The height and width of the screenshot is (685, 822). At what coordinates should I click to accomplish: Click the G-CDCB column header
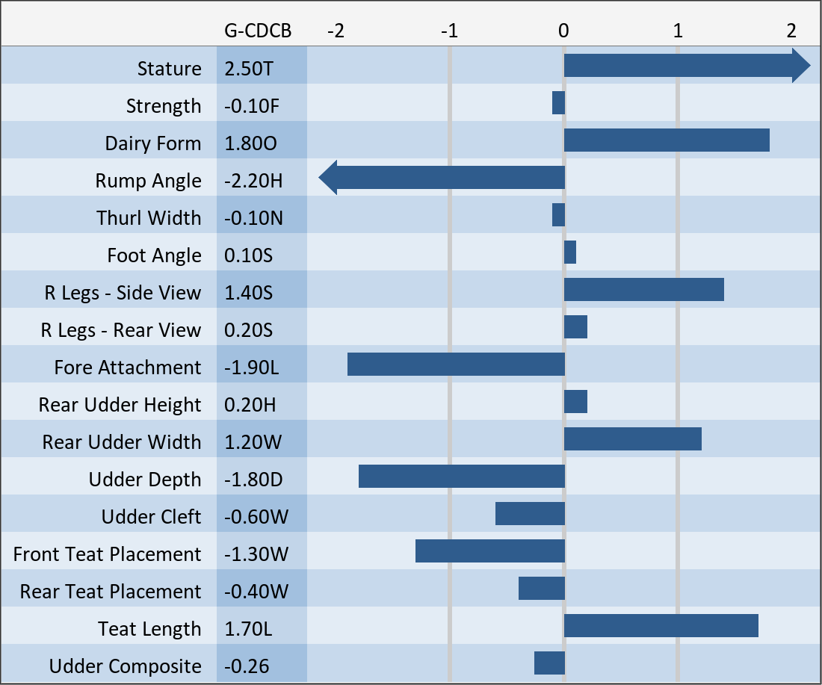point(257,31)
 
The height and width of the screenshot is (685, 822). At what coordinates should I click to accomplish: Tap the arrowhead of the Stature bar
point(801,66)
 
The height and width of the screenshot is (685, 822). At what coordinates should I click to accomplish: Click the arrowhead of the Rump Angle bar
point(328,178)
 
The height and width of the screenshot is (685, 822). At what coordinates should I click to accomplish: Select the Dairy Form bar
point(667,140)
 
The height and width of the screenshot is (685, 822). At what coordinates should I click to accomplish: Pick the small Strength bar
point(558,103)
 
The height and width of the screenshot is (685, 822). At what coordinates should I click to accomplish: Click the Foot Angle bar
point(570,252)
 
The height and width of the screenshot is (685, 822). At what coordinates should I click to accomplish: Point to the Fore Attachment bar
point(456,365)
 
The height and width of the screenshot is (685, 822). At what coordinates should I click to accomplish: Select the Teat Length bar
point(661,626)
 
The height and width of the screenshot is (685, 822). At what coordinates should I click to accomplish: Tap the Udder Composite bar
point(549,663)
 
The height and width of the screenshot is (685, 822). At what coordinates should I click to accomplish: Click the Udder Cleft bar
point(530,514)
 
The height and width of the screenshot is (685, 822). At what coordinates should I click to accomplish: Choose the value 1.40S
point(249,293)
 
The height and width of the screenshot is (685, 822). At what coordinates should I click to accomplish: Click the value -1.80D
point(253,480)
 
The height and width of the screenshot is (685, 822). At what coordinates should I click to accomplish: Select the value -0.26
point(247,666)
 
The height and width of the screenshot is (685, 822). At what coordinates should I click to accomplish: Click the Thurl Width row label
point(149,218)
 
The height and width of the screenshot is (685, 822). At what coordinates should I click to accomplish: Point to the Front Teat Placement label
point(107,554)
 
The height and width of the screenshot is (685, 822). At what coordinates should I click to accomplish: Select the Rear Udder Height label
point(120,405)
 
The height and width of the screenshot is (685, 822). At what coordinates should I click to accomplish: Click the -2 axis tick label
point(336,31)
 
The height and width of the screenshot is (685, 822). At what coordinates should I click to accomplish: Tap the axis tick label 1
point(678,31)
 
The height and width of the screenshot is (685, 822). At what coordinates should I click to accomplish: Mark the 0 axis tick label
point(563,31)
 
